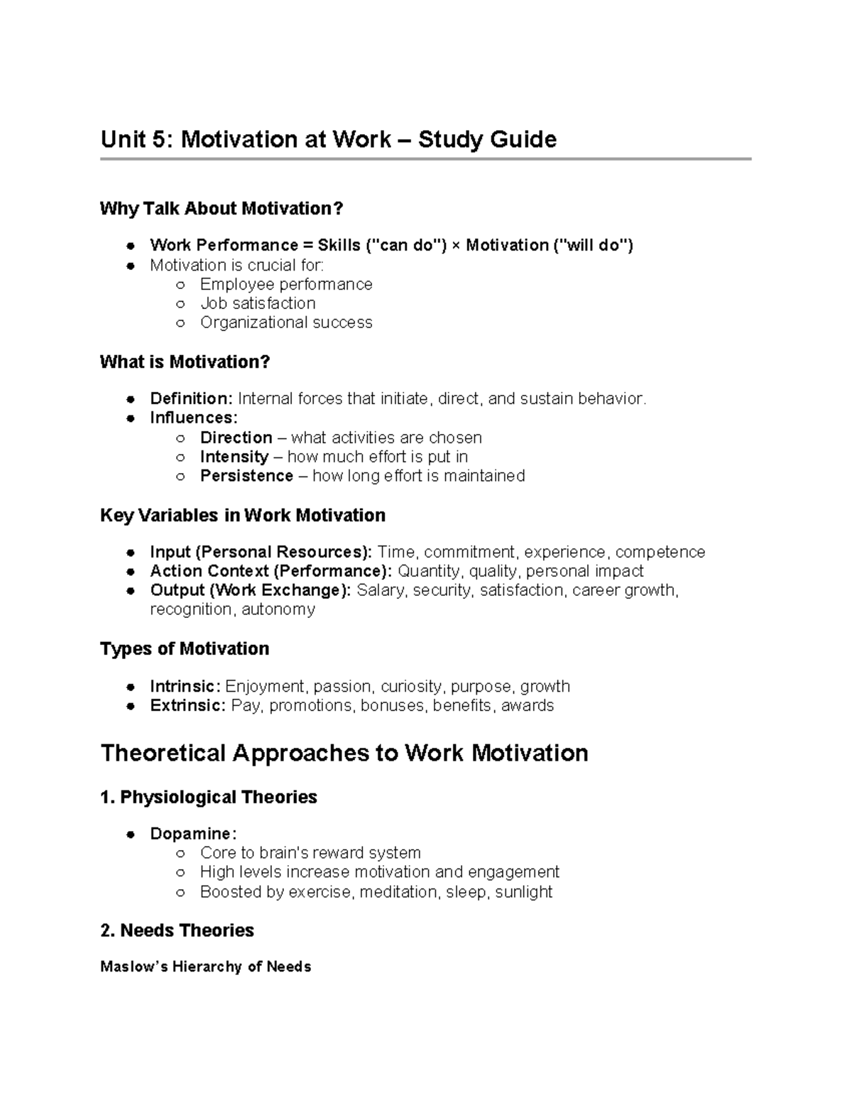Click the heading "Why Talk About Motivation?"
click(x=222, y=209)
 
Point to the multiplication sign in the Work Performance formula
click(x=456, y=246)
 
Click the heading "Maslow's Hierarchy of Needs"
click(x=206, y=967)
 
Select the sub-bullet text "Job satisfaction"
click(x=258, y=303)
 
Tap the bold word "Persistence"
click(x=246, y=476)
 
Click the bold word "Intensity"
click(x=234, y=457)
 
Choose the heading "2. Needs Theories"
click(x=177, y=930)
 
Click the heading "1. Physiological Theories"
click(x=209, y=797)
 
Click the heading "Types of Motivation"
click(x=185, y=649)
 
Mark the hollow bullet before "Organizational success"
click(x=180, y=323)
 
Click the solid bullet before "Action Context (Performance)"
click(x=131, y=572)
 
